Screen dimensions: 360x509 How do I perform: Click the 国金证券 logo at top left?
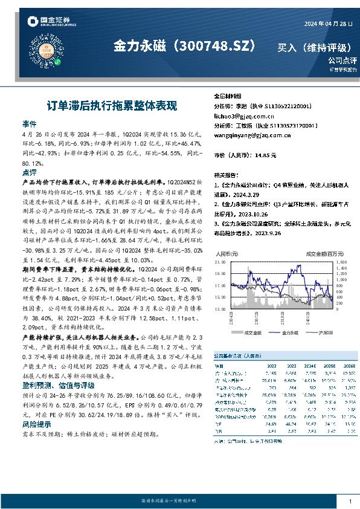coord(52,22)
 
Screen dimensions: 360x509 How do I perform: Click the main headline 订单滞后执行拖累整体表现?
coord(112,105)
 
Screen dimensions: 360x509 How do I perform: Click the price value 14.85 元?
coord(265,155)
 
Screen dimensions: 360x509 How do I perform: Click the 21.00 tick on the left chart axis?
coord(220,263)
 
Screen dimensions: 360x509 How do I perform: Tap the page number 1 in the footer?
coord(350,502)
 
